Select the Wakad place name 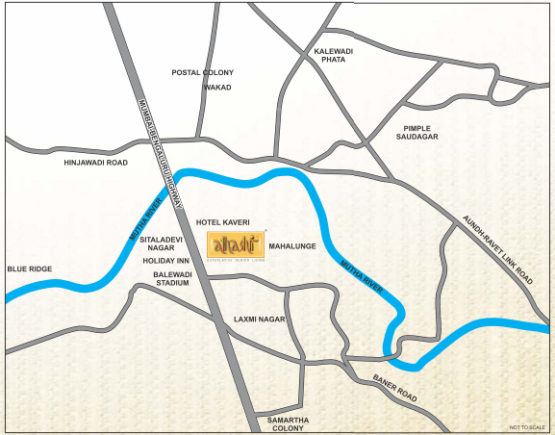[216, 88]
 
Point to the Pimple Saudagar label [417, 133]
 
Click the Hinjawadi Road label [95, 163]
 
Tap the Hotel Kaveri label [222, 222]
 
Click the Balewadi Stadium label [173, 280]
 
